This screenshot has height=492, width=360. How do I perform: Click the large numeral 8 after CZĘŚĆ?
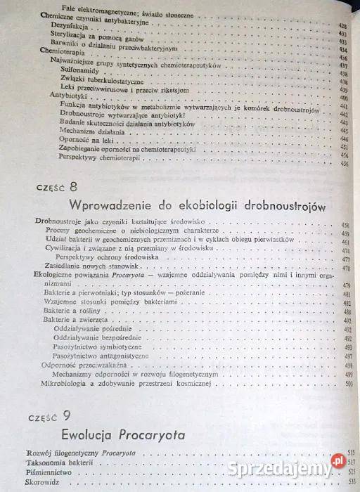pos(74,186)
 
